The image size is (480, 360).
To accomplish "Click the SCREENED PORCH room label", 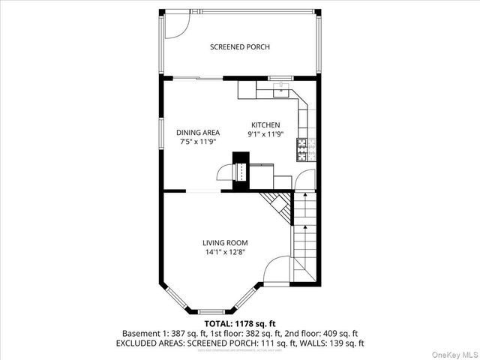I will pyautogui.click(x=239, y=47).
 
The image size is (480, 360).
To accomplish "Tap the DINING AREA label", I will pyautogui.click(x=198, y=132).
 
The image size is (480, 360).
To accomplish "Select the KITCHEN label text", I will pyautogui.click(x=265, y=125).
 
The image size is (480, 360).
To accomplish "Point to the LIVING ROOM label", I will pyautogui.click(x=225, y=242).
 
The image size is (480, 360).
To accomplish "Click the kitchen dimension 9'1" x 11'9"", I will pyautogui.click(x=265, y=135).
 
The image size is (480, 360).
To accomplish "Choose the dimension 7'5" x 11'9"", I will pyautogui.click(x=198, y=141).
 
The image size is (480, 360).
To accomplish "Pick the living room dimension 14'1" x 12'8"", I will pyautogui.click(x=225, y=252).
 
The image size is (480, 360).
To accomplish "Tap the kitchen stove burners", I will pyautogui.click(x=302, y=148).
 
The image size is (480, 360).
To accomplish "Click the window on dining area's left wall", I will pyautogui.click(x=162, y=132).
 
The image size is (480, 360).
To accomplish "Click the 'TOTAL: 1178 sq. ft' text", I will pyautogui.click(x=239, y=324).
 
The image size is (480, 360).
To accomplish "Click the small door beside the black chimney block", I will pyautogui.click(x=225, y=173).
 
